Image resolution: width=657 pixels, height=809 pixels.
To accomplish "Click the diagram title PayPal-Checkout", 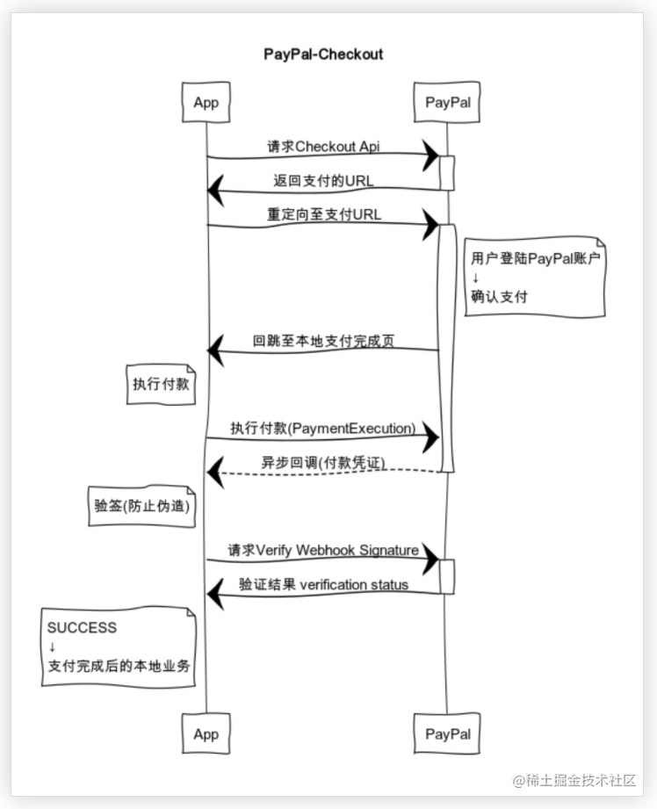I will click(323, 54).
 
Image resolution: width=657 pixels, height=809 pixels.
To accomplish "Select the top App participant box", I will click(206, 102).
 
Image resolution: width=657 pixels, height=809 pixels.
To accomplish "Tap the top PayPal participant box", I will click(447, 102).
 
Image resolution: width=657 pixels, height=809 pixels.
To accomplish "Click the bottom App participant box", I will click(206, 733).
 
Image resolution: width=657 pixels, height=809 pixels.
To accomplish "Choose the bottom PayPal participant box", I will click(447, 733).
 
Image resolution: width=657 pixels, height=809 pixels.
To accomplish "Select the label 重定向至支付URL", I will click(324, 214).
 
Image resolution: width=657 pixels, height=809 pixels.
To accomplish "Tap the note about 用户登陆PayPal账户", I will click(535, 277).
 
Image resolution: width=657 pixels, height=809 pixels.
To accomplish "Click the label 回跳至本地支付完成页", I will click(322, 340).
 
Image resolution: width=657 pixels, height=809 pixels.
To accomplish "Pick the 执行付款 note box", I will click(161, 384).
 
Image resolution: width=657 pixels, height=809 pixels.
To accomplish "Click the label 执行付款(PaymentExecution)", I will click(322, 428).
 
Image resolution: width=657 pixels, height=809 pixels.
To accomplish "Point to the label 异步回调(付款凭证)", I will click(322, 462).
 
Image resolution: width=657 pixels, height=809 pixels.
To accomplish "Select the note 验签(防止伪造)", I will click(142, 507).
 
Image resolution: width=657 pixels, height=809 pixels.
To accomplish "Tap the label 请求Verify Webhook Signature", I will click(322, 550).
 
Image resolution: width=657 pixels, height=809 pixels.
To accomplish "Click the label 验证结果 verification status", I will click(322, 584).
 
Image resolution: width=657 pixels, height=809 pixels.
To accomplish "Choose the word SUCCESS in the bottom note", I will click(82, 628).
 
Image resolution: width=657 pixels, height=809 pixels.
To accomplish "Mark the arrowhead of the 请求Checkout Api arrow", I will click(430, 155).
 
